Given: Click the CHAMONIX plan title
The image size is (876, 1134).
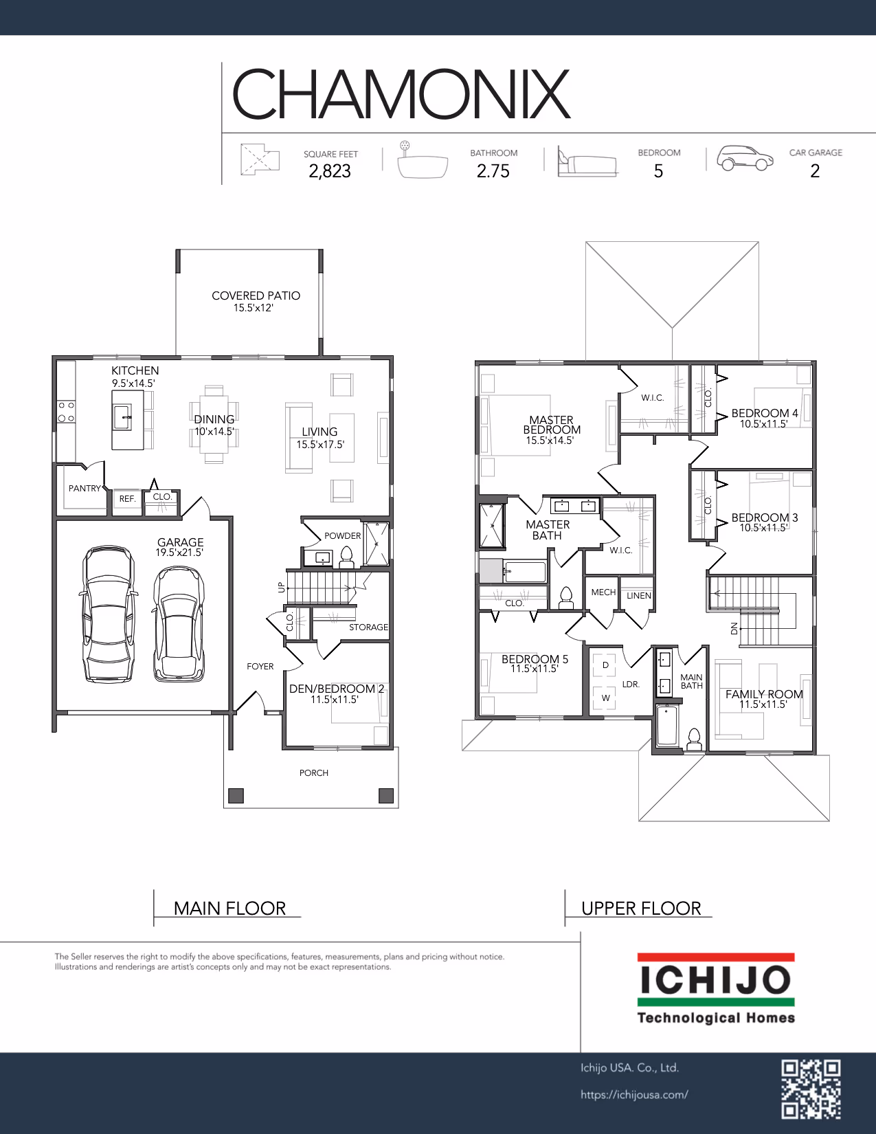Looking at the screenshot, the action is (x=401, y=94).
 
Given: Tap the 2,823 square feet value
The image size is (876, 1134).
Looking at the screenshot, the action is (x=330, y=171).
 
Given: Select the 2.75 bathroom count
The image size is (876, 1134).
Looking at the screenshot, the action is (x=493, y=171).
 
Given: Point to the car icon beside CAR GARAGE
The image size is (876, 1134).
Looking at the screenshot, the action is (x=745, y=157).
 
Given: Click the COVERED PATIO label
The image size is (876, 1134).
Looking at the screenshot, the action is (x=256, y=296).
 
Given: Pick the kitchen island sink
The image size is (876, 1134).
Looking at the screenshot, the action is (x=122, y=417).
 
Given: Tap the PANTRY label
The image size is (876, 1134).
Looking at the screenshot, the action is (x=85, y=489).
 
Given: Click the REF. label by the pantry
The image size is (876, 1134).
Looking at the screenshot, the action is (x=127, y=499).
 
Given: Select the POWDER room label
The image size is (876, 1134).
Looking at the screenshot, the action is (x=342, y=536).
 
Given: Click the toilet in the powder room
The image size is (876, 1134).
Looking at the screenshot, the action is (x=346, y=557).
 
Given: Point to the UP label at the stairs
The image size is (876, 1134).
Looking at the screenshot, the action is (x=282, y=587).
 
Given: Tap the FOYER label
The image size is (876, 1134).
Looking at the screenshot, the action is (x=260, y=667).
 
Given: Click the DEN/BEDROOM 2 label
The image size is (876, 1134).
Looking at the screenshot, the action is (x=337, y=689).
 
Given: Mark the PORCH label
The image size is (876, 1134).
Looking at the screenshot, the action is (x=313, y=773).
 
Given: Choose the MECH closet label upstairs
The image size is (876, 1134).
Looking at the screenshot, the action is (x=603, y=592).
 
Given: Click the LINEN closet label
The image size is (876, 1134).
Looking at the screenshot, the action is (x=638, y=595).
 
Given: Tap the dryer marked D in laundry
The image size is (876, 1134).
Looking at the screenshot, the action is (x=605, y=665).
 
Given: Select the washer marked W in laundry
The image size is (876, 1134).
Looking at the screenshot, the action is (x=605, y=698).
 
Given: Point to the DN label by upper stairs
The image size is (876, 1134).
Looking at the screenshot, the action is (x=734, y=628).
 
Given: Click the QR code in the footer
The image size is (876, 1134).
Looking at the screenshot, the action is (x=811, y=1089).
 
